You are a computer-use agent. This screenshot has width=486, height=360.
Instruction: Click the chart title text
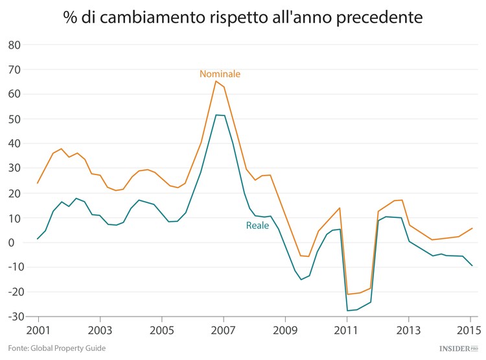coord(243,18)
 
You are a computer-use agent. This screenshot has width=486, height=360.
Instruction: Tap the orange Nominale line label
coord(220,74)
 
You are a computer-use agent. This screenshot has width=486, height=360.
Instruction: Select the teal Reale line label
coord(257,226)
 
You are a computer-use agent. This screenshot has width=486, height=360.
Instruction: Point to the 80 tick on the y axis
coord(14,45)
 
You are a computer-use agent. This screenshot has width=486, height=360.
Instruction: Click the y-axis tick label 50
coord(14,119)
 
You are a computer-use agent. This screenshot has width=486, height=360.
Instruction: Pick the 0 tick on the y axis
coord(17,243)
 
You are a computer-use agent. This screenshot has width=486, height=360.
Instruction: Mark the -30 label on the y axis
coord(12,317)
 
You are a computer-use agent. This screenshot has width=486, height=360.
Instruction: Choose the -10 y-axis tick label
coord(12,267)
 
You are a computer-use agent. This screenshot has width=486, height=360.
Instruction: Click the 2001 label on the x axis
coord(38,330)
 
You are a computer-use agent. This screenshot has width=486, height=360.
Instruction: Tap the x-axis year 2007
coord(223,330)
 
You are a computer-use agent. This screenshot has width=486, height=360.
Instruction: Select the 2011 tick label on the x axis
coord(347,330)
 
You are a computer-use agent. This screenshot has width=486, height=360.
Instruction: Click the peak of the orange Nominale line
coord(216,80)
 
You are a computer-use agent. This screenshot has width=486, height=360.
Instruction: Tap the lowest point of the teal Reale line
coord(347,311)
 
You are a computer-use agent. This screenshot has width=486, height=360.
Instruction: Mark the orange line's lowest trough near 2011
coord(347,294)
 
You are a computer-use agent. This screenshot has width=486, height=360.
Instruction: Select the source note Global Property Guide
coord(52,348)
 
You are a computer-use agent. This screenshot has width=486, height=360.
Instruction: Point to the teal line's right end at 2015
coord(472,266)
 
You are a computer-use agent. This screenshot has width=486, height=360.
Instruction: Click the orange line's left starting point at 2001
coord(38,183)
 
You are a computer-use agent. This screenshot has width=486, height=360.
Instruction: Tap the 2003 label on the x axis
coord(100,330)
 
